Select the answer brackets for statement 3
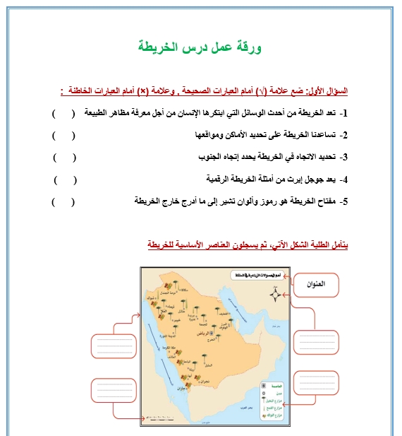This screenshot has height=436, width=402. (x=64, y=157)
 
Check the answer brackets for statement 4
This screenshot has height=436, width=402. (x=64, y=179)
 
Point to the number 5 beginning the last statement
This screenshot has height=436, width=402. (x=344, y=202)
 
